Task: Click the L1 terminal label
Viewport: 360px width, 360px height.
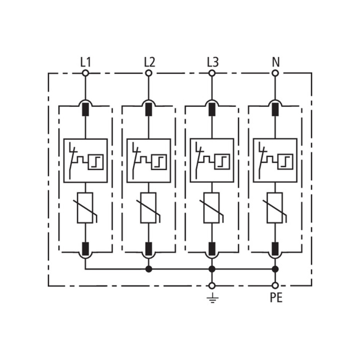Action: click(x=85, y=62)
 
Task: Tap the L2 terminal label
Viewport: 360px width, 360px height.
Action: click(x=150, y=62)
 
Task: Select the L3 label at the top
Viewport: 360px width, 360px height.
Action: click(x=213, y=62)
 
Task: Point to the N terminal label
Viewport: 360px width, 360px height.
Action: click(x=276, y=62)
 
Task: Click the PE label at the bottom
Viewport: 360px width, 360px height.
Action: click(x=276, y=298)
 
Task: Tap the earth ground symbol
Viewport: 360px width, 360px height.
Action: click(x=212, y=298)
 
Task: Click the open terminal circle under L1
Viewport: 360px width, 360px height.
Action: click(x=85, y=73)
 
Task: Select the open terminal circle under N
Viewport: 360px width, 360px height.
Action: click(x=275, y=73)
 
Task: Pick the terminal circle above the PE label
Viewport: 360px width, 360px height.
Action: click(x=275, y=286)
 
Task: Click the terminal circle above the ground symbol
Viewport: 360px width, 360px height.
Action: click(x=212, y=286)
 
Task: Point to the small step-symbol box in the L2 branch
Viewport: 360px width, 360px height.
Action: click(x=159, y=162)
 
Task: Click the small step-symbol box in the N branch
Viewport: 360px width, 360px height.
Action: click(x=285, y=162)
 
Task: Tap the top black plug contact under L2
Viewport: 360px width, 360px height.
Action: click(x=149, y=109)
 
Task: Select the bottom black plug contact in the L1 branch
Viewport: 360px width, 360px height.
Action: click(x=85, y=249)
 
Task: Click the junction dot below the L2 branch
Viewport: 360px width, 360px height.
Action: click(x=149, y=269)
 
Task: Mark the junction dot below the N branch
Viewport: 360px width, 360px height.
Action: click(x=275, y=269)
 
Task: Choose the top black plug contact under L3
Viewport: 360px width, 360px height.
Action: click(x=212, y=109)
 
